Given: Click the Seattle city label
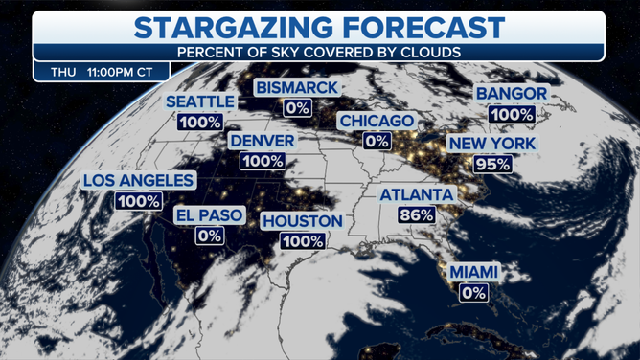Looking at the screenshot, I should (201, 101).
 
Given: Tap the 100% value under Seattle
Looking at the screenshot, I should (199, 122).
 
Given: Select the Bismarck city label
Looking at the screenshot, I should (297, 88).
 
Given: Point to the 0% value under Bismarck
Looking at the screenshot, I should (297, 107).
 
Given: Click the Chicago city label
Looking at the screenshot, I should (376, 122).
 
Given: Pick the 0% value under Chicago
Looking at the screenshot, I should (376, 141).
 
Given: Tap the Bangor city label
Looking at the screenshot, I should (512, 94).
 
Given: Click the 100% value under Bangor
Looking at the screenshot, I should (512, 114).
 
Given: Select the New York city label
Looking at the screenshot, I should (493, 145).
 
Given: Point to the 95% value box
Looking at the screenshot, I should (492, 164).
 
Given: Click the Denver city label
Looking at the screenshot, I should (262, 141).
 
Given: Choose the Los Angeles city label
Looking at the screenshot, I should (139, 180).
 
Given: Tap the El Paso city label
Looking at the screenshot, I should (210, 214).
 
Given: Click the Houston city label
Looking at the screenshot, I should (303, 221).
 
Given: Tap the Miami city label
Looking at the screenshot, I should (474, 274).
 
